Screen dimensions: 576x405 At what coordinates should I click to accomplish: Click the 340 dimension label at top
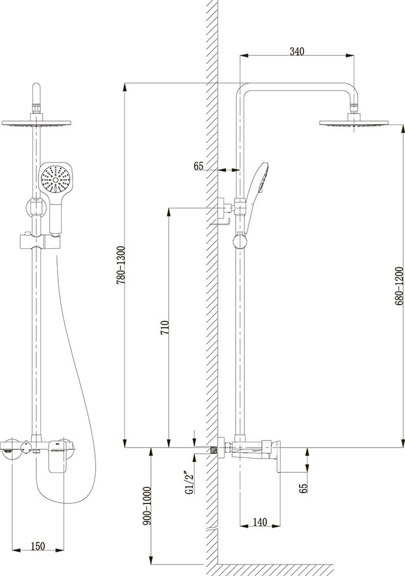click(x=296, y=51)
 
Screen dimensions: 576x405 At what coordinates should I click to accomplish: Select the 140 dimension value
click(x=260, y=522)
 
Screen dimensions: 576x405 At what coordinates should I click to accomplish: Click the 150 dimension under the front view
click(x=38, y=545)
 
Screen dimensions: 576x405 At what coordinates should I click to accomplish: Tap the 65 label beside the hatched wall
click(x=198, y=166)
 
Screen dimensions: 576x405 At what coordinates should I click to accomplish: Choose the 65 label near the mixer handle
click(x=304, y=488)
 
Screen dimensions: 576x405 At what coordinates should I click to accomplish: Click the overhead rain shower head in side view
click(x=354, y=122)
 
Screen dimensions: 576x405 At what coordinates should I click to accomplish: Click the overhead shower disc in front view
click(x=37, y=123)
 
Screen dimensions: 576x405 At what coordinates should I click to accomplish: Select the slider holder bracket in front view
click(x=36, y=241)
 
